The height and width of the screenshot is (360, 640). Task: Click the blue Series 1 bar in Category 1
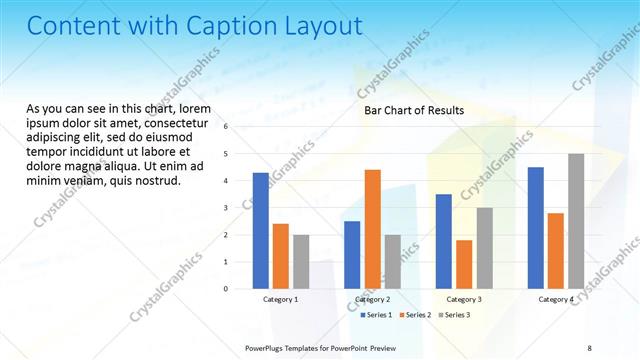(260, 231)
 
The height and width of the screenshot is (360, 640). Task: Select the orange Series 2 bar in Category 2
(372, 229)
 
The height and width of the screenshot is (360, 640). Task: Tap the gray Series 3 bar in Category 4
(576, 221)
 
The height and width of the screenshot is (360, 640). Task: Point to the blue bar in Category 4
(535, 228)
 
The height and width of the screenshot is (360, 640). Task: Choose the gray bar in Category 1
(301, 262)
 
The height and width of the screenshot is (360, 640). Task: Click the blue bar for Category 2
(352, 255)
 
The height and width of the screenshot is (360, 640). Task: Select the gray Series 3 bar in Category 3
(484, 248)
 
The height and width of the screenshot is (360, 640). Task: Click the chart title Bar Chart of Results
(413, 110)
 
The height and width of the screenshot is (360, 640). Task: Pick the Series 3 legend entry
(456, 315)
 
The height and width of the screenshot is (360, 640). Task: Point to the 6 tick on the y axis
(226, 127)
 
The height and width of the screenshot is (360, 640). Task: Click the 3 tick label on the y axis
(226, 208)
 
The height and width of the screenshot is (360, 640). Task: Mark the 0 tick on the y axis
(226, 289)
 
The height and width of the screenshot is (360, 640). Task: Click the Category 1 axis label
(280, 299)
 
